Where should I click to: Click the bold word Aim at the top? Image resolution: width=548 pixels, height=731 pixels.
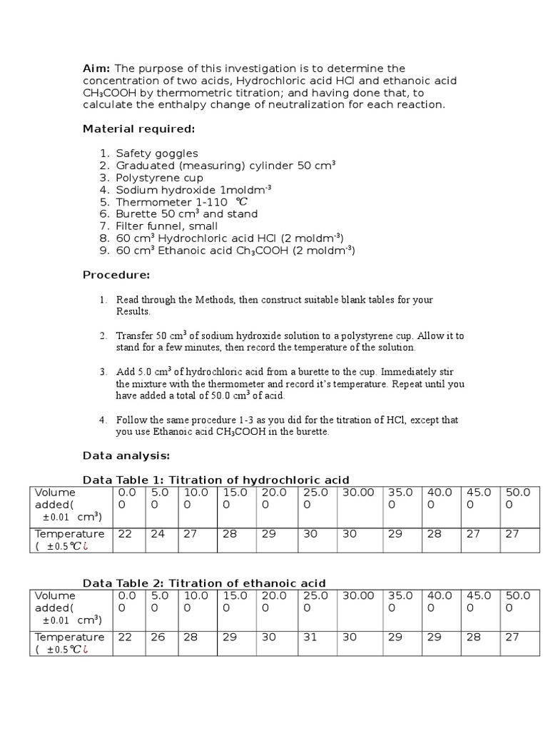point(96,68)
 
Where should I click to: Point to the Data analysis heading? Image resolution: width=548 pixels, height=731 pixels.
point(126,455)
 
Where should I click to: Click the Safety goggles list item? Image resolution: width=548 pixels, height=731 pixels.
point(157,153)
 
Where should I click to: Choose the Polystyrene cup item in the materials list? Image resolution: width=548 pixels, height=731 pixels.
point(159,178)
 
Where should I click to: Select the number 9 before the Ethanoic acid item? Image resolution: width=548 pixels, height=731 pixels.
point(104,251)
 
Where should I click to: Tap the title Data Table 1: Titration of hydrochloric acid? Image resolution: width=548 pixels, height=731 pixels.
point(215,480)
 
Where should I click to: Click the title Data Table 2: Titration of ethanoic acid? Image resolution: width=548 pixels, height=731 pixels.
point(204,583)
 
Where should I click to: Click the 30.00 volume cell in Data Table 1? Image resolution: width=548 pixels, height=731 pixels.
point(358,493)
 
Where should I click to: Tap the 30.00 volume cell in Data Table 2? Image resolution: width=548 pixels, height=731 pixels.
point(358,596)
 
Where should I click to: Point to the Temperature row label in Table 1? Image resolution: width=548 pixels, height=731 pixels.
point(69,534)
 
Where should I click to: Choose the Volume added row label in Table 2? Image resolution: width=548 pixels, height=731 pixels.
point(59,602)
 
